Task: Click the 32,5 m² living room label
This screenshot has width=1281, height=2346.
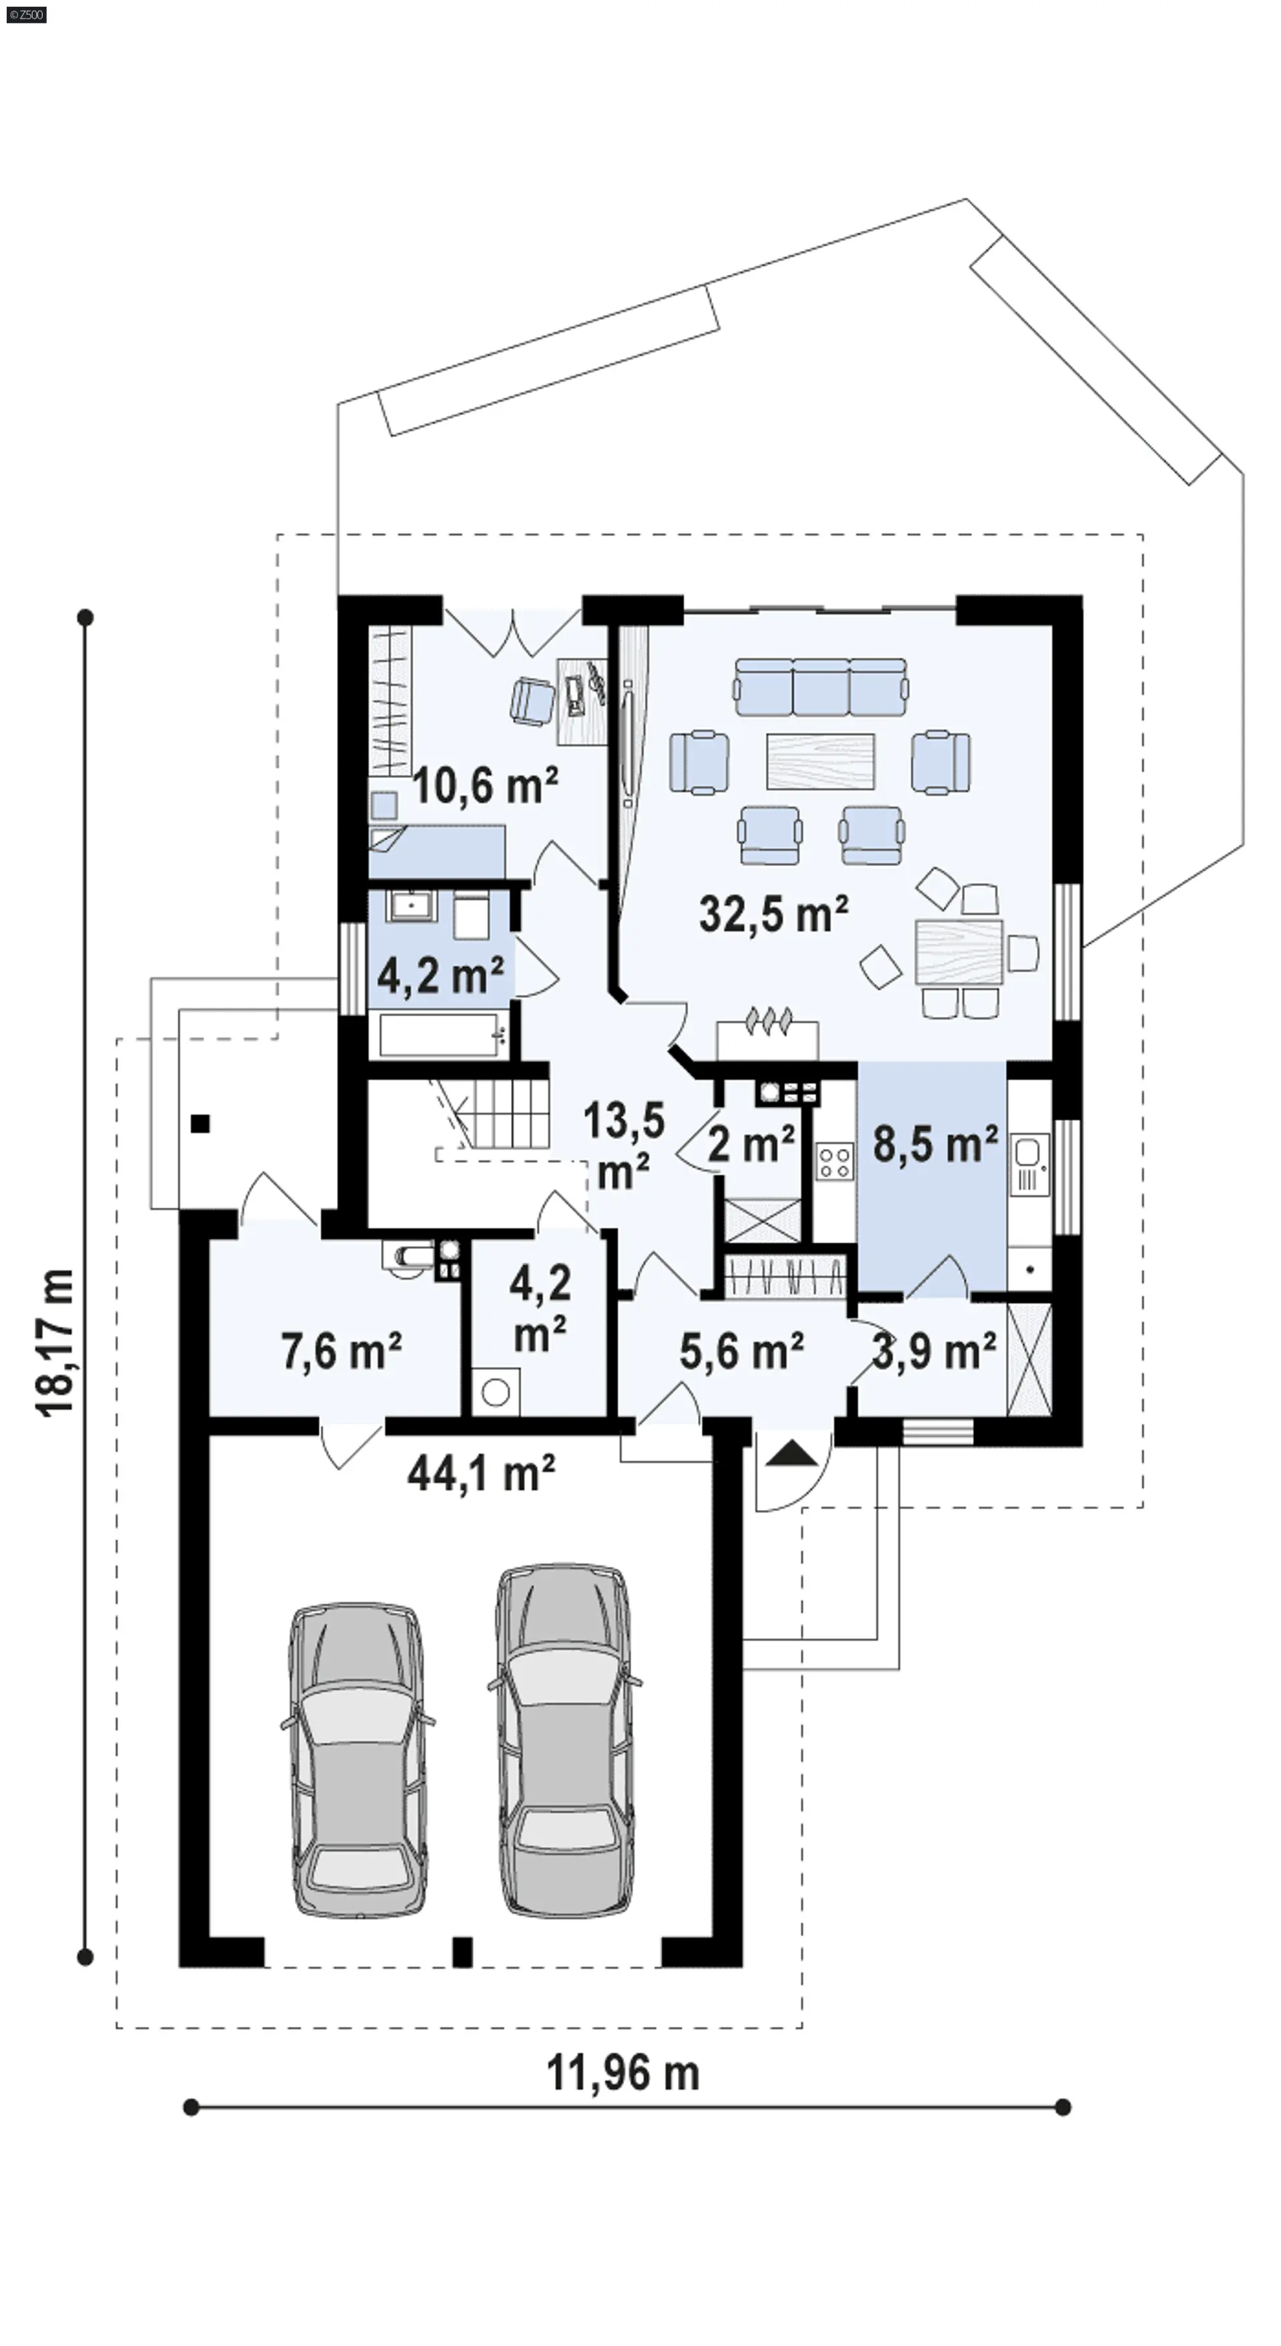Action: point(774,913)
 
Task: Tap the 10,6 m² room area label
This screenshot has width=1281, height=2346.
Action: point(485,785)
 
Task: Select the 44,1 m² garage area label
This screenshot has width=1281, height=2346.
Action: point(481,1473)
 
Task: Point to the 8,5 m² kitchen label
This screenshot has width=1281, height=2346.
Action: point(935,1144)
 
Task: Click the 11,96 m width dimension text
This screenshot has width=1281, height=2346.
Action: point(622,2074)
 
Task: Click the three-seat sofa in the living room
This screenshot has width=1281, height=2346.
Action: point(821,687)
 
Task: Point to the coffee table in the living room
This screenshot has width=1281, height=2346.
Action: point(821,761)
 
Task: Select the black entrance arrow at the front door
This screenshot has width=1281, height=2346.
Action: point(792,1453)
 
